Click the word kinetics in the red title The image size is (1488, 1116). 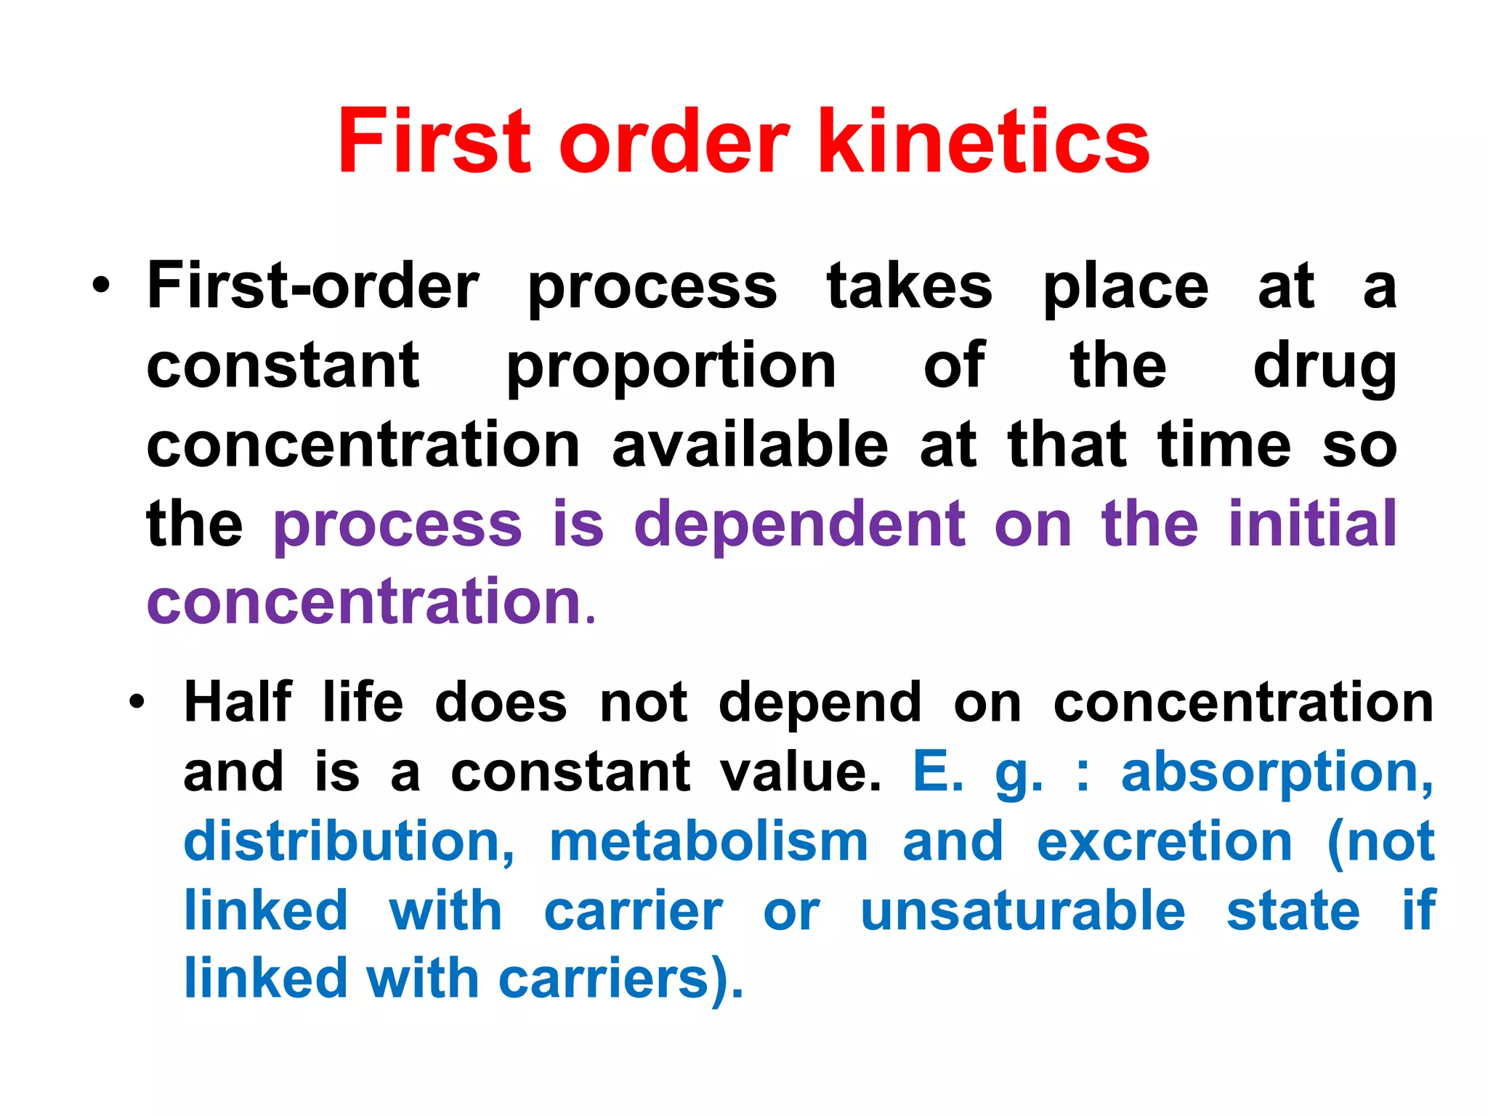click(984, 141)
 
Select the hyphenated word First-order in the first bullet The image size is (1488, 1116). click(313, 286)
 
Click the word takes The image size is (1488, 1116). click(910, 286)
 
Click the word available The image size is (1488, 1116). click(750, 445)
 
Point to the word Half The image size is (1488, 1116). click(238, 703)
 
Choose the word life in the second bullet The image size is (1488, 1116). click(363, 703)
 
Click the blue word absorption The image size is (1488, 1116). click(1277, 772)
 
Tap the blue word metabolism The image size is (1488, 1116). click(708, 841)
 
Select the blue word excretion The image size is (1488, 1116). click(1165, 841)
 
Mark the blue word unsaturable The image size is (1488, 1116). click(1023, 910)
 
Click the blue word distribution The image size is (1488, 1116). click(349, 841)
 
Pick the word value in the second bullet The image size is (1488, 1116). click(801, 772)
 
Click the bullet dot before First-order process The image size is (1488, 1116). click(102, 286)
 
